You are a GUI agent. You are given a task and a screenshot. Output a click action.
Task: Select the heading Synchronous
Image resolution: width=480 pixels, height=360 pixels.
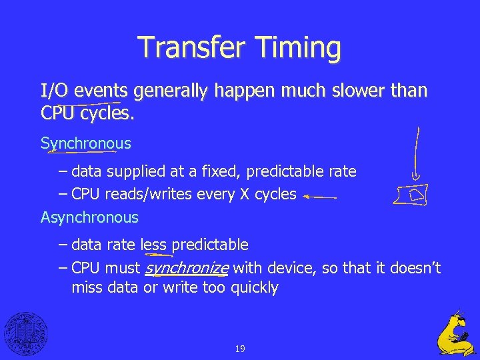(86, 143)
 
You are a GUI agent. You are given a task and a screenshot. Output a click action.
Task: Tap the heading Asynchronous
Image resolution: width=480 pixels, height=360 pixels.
(89, 217)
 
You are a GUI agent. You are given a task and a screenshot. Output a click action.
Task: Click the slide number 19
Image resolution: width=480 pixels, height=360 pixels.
(240, 349)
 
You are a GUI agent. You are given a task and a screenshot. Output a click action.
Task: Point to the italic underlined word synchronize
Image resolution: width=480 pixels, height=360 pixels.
(187, 269)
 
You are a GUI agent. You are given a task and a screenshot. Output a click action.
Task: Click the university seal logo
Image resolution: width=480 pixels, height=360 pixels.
(25, 334)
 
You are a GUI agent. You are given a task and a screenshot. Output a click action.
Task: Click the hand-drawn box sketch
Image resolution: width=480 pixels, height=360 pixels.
(410, 195)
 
